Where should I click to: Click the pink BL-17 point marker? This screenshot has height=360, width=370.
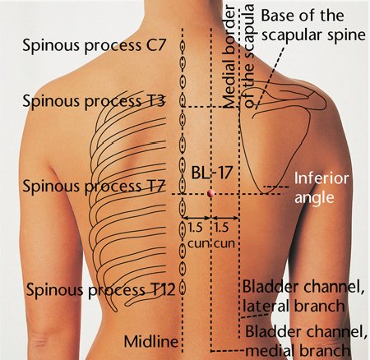point(210,193)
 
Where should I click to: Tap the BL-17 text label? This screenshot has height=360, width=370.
point(211,173)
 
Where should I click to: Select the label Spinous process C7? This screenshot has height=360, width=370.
point(94,45)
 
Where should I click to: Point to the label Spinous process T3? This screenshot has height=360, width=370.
point(94,101)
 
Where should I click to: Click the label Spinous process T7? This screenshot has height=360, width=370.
point(94,187)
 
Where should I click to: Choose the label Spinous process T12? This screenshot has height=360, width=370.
point(100,290)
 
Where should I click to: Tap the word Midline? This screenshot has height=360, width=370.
point(151,342)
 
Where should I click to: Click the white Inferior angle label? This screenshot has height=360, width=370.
point(321,188)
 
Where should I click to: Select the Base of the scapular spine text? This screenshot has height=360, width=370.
point(313,25)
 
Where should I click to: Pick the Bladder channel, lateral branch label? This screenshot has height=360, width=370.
point(303,297)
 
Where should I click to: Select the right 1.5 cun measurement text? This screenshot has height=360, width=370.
point(224,236)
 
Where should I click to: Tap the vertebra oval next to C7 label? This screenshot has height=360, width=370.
point(183,46)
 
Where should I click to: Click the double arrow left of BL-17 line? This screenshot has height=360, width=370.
point(197,218)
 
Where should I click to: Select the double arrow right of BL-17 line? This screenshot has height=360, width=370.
point(225,218)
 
